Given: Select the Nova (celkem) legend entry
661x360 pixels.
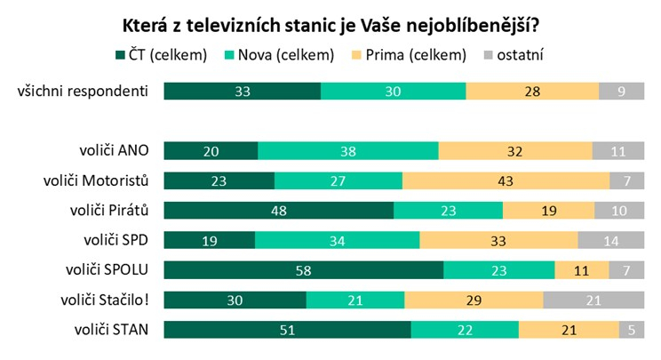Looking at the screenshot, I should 282,55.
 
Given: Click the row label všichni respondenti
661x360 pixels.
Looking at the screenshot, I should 84,91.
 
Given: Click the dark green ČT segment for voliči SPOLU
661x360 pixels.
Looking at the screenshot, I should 304,271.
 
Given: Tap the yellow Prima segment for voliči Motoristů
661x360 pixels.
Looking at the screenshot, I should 506,181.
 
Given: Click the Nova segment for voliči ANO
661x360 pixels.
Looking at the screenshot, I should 348,151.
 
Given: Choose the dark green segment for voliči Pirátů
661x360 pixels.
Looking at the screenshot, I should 279,211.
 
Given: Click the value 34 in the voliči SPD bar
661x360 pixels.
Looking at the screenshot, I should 337,241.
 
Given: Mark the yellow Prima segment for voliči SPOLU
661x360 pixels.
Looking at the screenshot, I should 582,271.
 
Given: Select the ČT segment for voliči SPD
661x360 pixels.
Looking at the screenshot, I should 210,241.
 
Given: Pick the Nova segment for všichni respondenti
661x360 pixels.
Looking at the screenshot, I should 393,91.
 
